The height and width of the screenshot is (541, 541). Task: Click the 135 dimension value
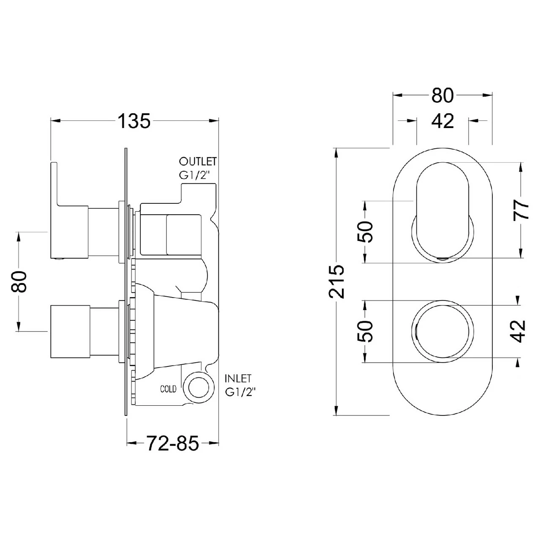(x=134, y=121)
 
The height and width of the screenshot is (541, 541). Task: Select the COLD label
(x=168, y=389)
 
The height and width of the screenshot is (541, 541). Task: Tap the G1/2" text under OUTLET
(x=196, y=175)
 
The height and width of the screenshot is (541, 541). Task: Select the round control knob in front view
(x=443, y=332)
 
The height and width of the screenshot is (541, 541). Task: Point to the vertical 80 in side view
(x=20, y=281)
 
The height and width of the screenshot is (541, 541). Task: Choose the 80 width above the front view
(x=443, y=96)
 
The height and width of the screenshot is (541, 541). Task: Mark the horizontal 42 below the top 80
(x=443, y=122)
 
